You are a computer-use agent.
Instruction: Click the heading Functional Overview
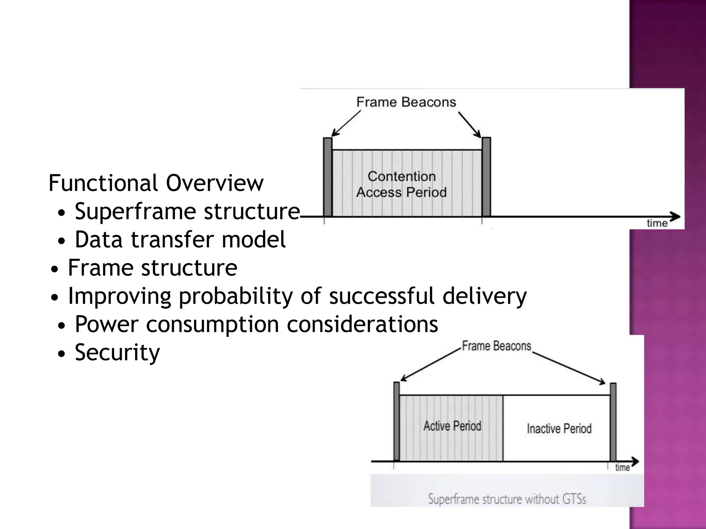pyautogui.click(x=156, y=183)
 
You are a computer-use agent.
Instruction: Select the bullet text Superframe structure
pyautogui.click(x=187, y=211)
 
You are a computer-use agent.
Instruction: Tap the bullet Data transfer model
pyautogui.click(x=180, y=239)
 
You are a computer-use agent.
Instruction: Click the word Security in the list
pyautogui.click(x=117, y=352)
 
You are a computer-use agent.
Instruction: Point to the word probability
pyautogui.click(x=235, y=296)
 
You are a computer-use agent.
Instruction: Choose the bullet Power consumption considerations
pyautogui.click(x=256, y=324)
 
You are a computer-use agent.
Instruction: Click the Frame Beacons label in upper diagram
pyautogui.click(x=406, y=102)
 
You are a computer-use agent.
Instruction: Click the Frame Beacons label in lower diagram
pyautogui.click(x=496, y=346)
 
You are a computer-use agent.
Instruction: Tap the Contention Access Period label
pyautogui.click(x=402, y=184)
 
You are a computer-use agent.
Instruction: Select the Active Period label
pyautogui.click(x=452, y=426)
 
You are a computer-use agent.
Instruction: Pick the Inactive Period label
pyautogui.click(x=559, y=429)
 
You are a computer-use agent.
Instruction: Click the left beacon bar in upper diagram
pyautogui.click(x=327, y=177)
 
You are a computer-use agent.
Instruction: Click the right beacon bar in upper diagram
pyautogui.click(x=486, y=177)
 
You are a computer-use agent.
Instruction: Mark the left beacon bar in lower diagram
pyautogui.click(x=396, y=422)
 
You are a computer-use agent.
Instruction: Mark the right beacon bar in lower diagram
pyautogui.click(x=613, y=422)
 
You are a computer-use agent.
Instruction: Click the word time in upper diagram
pyautogui.click(x=657, y=224)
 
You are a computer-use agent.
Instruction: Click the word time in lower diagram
pyautogui.click(x=622, y=468)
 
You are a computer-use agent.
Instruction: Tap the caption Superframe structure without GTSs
pyautogui.click(x=507, y=499)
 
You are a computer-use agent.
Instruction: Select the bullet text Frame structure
pyautogui.click(x=152, y=268)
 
